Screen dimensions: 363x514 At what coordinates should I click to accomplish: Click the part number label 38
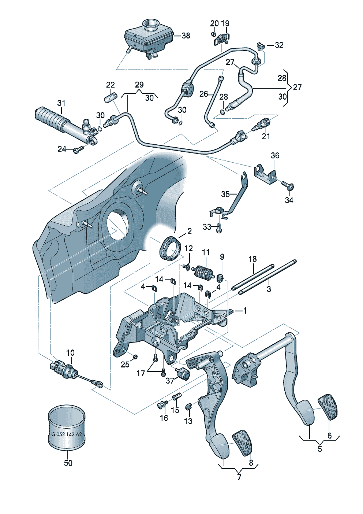pyautogui.click(x=186, y=36)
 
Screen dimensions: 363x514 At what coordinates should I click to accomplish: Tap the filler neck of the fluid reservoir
pyautogui.click(x=150, y=25)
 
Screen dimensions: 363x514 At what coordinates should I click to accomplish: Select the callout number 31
pyautogui.click(x=61, y=103)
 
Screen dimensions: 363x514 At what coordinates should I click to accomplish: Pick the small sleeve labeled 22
pyautogui.click(x=110, y=98)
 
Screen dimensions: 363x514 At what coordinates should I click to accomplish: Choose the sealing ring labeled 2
pyautogui.click(x=170, y=248)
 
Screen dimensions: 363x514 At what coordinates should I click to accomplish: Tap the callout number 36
pyautogui.click(x=275, y=156)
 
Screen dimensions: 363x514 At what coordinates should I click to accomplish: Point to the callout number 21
pyautogui.click(x=266, y=136)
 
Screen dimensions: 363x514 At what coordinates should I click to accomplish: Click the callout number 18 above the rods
pyautogui.click(x=252, y=259)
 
